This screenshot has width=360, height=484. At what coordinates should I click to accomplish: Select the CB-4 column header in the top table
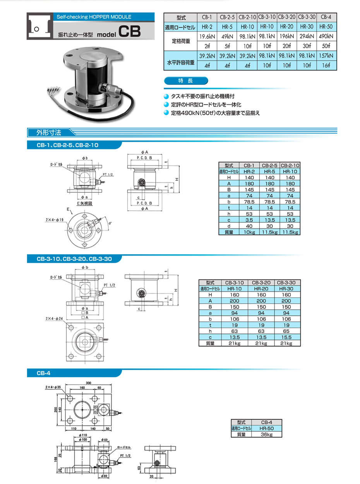(x=327, y=17)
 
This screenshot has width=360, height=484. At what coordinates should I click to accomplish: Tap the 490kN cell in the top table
(x=327, y=37)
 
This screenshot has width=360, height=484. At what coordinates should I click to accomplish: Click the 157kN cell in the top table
(x=327, y=56)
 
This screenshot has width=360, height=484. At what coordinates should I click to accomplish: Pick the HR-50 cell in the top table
(x=327, y=27)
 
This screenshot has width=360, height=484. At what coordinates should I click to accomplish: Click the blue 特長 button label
(x=186, y=81)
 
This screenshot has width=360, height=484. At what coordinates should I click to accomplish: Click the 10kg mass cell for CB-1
(x=250, y=232)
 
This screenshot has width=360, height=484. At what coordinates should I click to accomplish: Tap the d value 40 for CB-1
(x=250, y=226)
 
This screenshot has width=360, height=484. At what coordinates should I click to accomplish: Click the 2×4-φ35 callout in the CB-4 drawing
(x=53, y=387)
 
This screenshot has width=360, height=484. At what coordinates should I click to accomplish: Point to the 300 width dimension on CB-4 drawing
(x=88, y=383)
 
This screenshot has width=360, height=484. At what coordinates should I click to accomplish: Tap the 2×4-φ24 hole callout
(x=54, y=319)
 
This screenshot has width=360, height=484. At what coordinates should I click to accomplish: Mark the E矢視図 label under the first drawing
(x=83, y=203)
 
